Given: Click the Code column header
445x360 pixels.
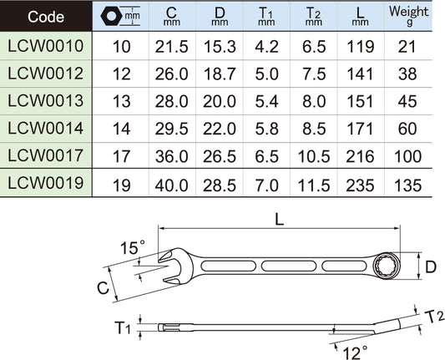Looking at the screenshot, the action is (46, 17).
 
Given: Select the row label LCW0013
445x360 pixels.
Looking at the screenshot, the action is (45, 101).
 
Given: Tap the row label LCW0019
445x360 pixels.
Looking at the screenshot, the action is (45, 183).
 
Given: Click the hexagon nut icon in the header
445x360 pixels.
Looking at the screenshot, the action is (111, 16).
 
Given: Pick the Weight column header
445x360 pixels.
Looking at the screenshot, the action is (408, 15).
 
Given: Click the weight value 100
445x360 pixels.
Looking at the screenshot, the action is (407, 156).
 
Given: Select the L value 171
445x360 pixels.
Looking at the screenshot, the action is (360, 129).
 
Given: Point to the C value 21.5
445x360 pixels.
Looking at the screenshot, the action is (171, 47).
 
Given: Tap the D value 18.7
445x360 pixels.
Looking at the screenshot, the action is (220, 74).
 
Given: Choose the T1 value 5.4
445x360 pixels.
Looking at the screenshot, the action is (266, 102).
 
